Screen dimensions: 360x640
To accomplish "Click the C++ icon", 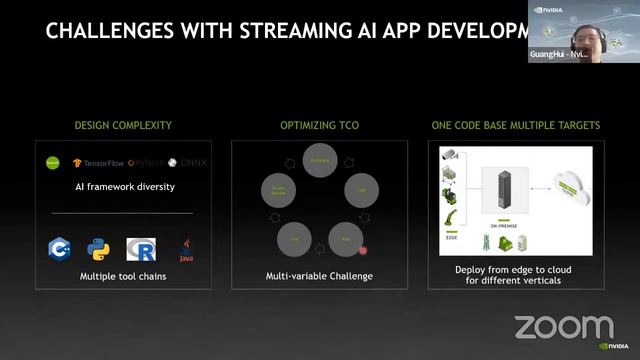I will click(58, 249).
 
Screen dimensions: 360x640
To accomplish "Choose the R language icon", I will click(139, 249).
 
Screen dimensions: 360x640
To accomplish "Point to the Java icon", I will click(185, 249).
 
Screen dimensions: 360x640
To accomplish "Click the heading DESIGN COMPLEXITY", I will click(123, 126).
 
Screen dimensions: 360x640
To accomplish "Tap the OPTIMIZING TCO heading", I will click(319, 126).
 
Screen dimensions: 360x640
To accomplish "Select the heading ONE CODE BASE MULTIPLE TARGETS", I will click(515, 126).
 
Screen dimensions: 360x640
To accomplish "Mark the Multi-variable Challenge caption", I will click(319, 275).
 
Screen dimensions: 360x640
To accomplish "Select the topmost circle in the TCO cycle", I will click(319, 160).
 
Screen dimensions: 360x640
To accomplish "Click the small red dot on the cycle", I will click(363, 251).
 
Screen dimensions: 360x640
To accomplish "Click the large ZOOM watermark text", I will click(564, 327).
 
